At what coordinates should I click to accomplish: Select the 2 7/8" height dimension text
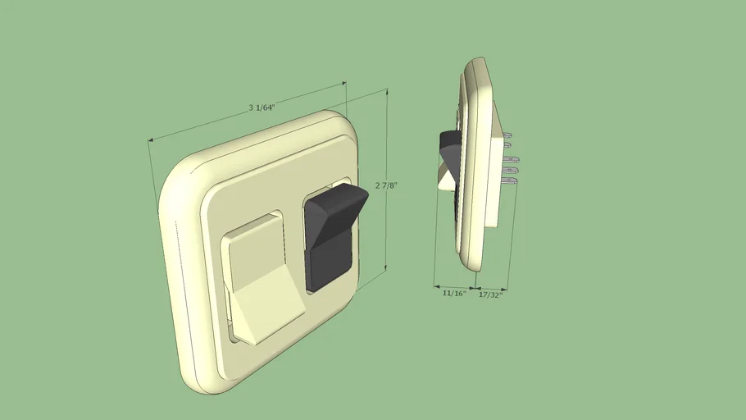pyautogui.click(x=386, y=185)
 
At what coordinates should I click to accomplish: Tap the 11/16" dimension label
pyautogui.click(x=453, y=293)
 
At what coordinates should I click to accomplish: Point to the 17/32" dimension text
pyautogui.click(x=490, y=294)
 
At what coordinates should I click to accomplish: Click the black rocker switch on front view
pyautogui.click(x=330, y=238)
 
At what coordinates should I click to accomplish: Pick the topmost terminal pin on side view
pyautogui.click(x=507, y=132)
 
